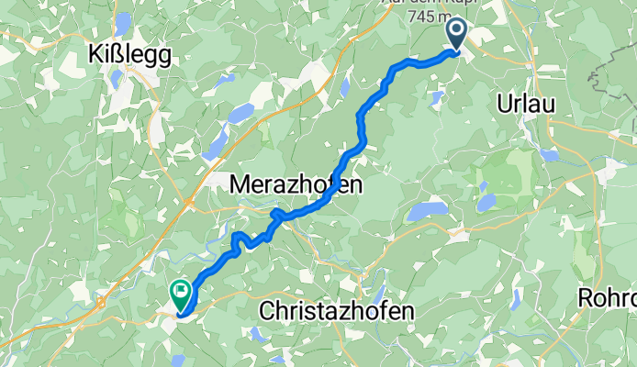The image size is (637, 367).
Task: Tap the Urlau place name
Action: point(526,104)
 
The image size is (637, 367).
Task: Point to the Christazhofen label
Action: point(337,311)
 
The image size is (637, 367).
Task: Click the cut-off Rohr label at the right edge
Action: point(608,299)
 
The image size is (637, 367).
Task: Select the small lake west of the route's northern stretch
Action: point(344,87)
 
